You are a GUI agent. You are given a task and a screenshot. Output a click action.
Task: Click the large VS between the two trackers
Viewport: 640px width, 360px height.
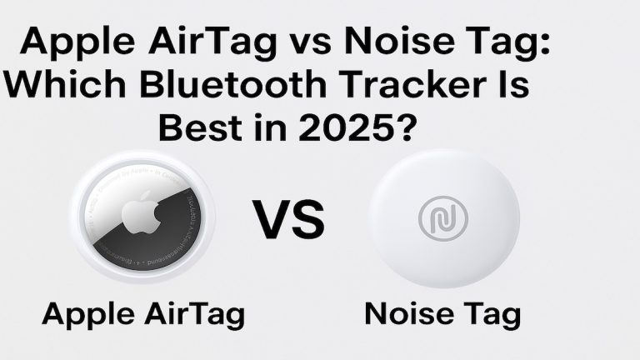click(x=289, y=218)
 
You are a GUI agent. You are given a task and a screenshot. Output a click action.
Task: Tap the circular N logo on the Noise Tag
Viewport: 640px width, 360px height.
click(x=442, y=217)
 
